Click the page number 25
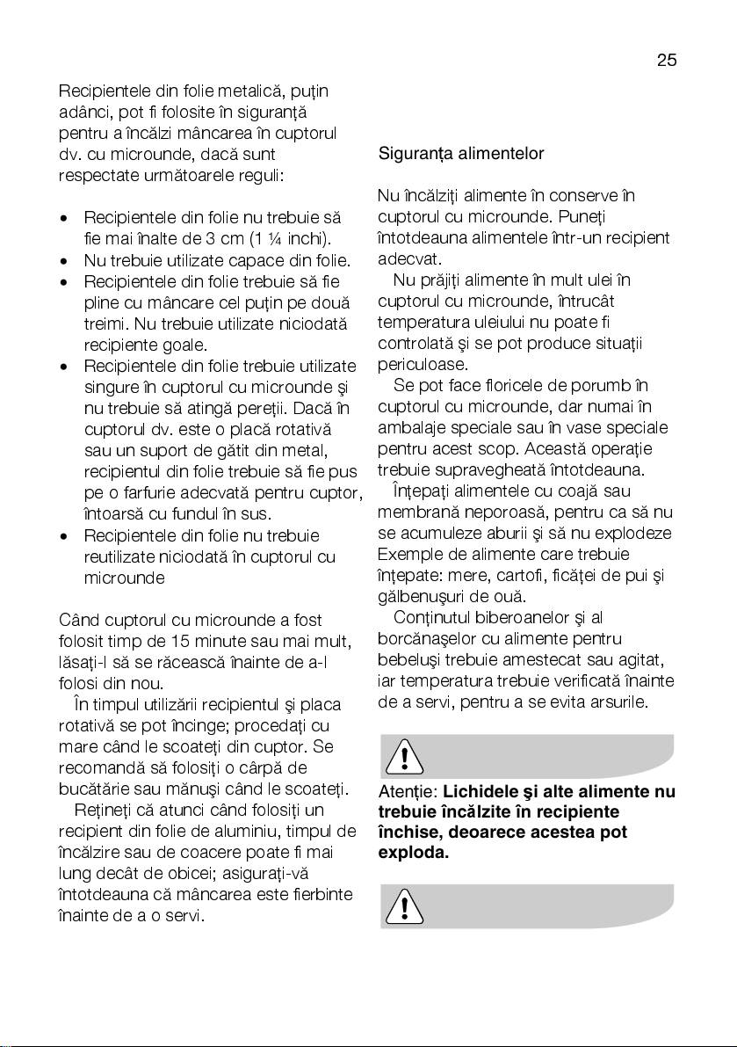pyautogui.click(x=666, y=61)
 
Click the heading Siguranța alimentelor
pyautogui.click(x=461, y=154)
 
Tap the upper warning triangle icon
pyautogui.click(x=403, y=756)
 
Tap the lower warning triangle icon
pyautogui.click(x=403, y=906)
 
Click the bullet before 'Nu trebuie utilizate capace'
pyautogui.click(x=64, y=260)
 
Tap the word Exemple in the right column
pyautogui.click(x=405, y=555)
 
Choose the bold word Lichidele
pyautogui.click(x=482, y=791)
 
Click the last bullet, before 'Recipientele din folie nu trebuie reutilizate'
pyautogui.click(x=64, y=535)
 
